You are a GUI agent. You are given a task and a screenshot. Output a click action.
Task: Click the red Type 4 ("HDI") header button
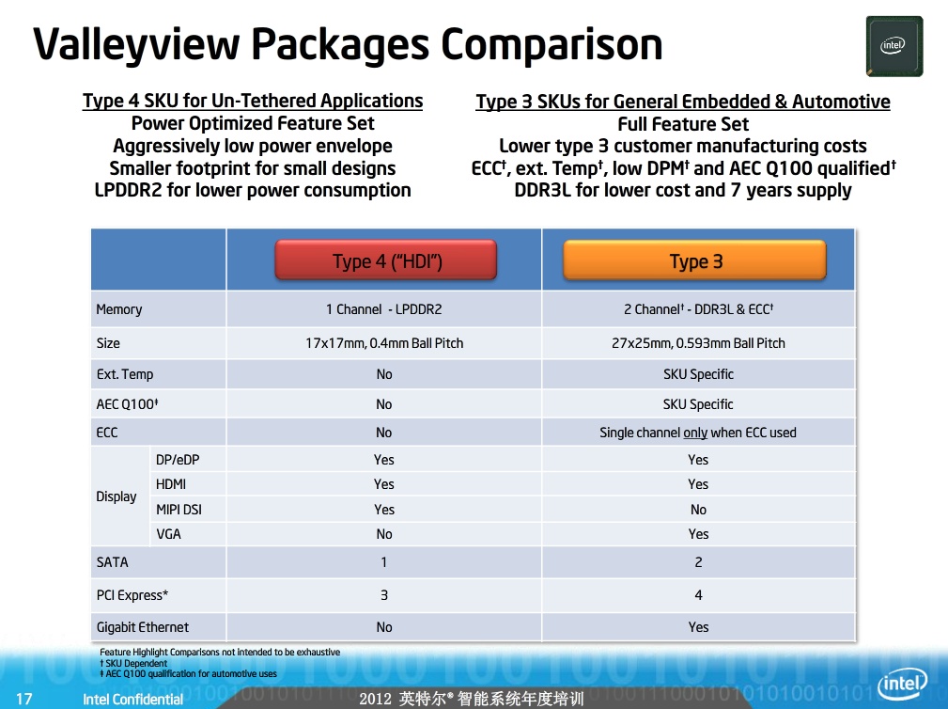coord(386,260)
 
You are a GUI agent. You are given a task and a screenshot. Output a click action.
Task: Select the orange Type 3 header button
coord(694,260)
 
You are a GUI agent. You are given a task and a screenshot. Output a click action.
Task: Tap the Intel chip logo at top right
coord(894,46)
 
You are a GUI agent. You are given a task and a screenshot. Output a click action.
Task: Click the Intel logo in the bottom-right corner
coord(902,685)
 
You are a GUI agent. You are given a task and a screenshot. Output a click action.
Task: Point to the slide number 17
coord(24,699)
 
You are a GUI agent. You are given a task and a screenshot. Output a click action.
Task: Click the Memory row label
coord(119,309)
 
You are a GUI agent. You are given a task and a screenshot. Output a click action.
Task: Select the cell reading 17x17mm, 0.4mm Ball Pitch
coord(384,343)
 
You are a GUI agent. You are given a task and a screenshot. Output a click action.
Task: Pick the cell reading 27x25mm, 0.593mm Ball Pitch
coord(698,343)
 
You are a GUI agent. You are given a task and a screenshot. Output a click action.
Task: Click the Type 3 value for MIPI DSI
coord(698,510)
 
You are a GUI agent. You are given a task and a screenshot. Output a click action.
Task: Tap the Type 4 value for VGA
coord(384,534)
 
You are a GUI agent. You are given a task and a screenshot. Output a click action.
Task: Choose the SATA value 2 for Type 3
coord(698,562)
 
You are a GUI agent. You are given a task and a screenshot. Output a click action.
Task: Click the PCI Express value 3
coord(384,595)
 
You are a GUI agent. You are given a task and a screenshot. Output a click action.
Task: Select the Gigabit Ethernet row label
coord(143,627)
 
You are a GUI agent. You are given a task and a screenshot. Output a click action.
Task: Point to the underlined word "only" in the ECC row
coord(695,433)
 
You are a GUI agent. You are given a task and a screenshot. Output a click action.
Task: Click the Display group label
coord(117,496)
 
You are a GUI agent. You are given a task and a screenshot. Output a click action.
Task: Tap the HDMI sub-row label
coord(171,484)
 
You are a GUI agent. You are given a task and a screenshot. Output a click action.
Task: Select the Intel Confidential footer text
coord(133,700)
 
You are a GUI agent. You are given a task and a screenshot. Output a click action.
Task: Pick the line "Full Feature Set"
coord(683,124)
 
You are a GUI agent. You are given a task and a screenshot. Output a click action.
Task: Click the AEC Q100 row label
coord(127,404)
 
